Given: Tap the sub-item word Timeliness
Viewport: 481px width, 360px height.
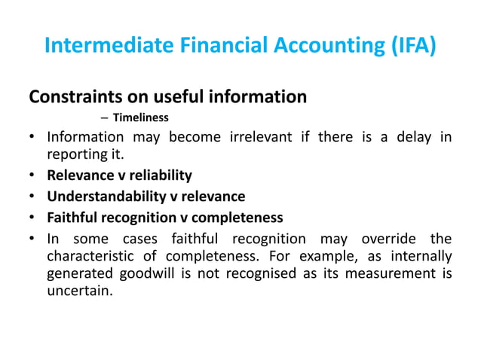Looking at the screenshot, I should pyautogui.click(x=140, y=117).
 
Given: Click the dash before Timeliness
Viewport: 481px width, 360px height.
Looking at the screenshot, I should pyautogui.click(x=104, y=117).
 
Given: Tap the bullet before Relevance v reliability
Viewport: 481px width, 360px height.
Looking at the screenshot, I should pyautogui.click(x=33, y=176).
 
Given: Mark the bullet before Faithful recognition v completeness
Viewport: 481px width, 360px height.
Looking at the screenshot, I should pyautogui.click(x=33, y=218).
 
